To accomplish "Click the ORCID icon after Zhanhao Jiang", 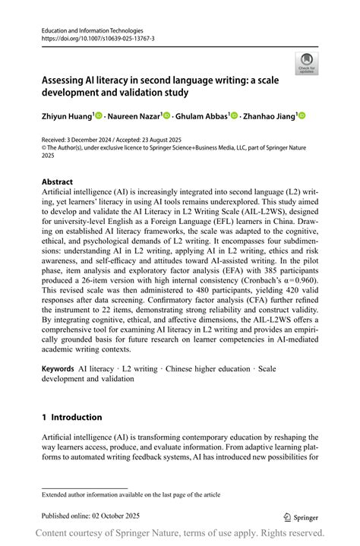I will pos(302,115).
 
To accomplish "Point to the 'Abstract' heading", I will pos(58,182).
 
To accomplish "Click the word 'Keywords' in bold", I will pos(58,368).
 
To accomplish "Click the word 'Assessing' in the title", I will pos(67,79).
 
